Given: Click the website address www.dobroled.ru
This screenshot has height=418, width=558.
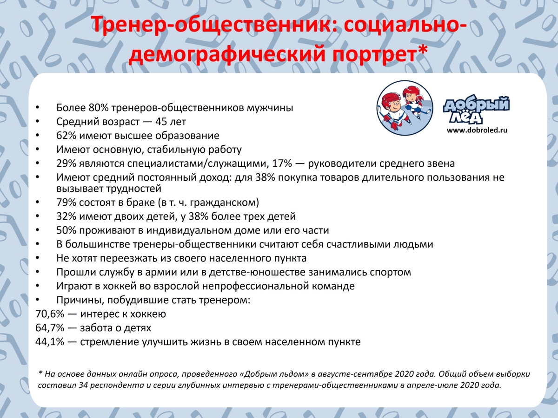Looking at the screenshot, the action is tap(477, 130).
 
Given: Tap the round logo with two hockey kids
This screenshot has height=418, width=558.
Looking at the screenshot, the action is tap(405, 108).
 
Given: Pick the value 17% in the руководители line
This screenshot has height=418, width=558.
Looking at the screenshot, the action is tap(282, 163).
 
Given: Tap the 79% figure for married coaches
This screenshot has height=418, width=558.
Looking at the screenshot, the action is tap(66, 202).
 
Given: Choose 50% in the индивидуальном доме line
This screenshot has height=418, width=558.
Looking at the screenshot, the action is tap(66, 230).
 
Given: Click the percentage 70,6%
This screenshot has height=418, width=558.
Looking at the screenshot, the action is tap(50, 314).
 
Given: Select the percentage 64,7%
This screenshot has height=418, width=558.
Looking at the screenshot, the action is tap(50, 328).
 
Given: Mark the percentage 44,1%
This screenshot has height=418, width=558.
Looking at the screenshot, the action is tap(50, 342).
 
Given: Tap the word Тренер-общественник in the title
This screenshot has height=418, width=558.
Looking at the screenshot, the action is tap(211, 25).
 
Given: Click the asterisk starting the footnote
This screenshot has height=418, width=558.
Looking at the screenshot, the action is tap(40, 372).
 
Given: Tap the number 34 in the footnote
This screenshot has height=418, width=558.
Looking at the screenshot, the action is tap(83, 385).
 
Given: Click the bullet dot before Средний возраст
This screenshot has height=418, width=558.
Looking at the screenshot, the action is tap(38, 122).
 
